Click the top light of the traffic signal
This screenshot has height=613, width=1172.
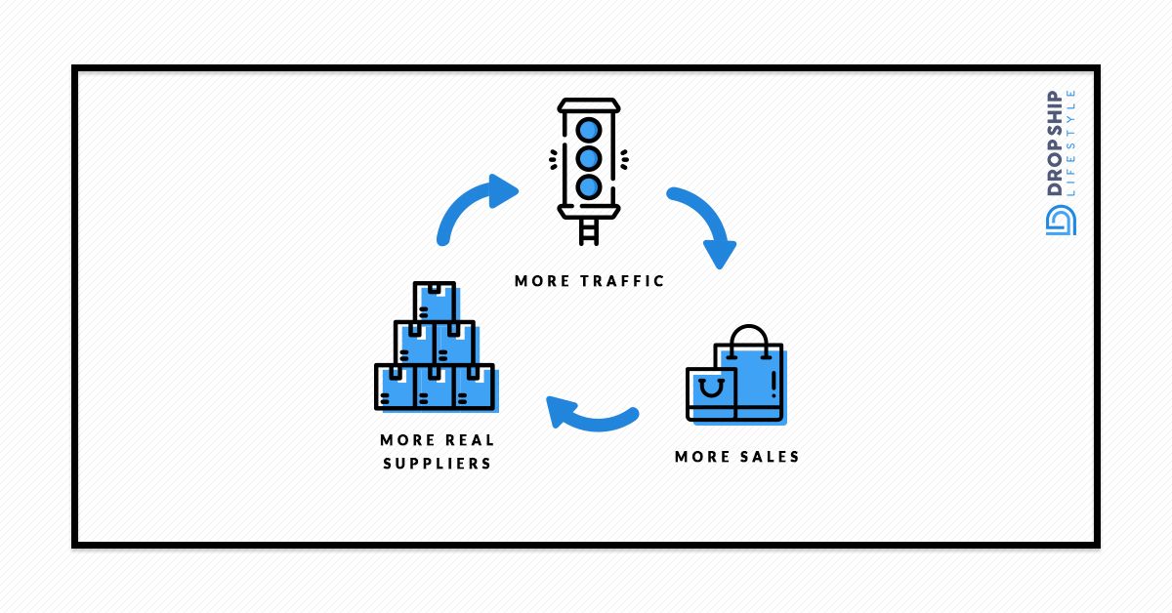(x=588, y=129)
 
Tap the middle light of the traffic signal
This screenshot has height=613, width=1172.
(x=588, y=158)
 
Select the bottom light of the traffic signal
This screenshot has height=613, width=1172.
(x=588, y=186)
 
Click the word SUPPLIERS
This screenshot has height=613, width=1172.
(x=437, y=463)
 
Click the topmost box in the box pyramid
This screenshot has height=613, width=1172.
(x=435, y=302)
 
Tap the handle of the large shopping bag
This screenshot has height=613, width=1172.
(x=749, y=338)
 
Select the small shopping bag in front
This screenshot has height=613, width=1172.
(x=711, y=393)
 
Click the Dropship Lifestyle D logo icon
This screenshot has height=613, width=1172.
(x=1060, y=220)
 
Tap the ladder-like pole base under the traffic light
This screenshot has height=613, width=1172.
(x=588, y=229)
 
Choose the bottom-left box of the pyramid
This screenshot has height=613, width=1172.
(x=396, y=387)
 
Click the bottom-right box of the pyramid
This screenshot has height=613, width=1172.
(x=474, y=387)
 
